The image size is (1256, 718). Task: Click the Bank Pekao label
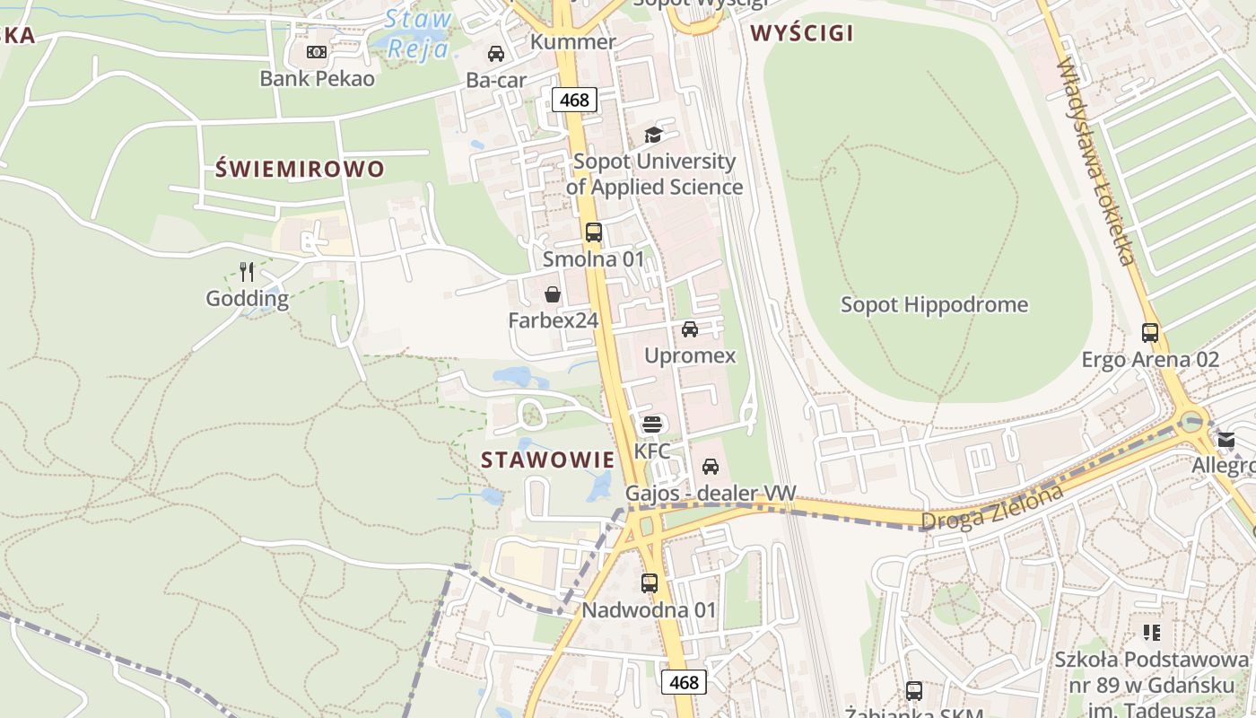click(x=317, y=79)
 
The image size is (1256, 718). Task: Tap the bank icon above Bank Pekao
click(x=317, y=52)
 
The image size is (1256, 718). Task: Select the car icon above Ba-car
click(x=496, y=54)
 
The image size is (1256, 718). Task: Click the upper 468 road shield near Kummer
click(x=574, y=100)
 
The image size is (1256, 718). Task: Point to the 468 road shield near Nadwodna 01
click(x=684, y=682)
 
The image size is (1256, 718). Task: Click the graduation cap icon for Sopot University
click(x=653, y=136)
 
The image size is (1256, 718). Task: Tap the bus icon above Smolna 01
click(x=594, y=232)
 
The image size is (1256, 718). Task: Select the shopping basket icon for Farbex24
click(x=553, y=294)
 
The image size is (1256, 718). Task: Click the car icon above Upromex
click(x=690, y=329)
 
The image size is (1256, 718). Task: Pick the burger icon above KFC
click(x=652, y=424)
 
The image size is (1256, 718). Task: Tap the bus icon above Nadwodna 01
click(x=650, y=583)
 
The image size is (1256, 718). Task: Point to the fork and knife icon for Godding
click(x=248, y=271)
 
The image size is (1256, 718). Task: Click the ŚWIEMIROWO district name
click(x=301, y=169)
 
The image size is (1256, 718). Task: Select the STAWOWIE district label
click(x=548, y=460)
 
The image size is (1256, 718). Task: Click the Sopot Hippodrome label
click(x=934, y=304)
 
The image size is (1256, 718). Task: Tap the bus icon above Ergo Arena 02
click(x=1150, y=333)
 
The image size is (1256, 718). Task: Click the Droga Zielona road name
click(x=992, y=508)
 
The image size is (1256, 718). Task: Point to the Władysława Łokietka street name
click(x=1096, y=162)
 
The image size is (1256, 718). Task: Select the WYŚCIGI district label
click(x=802, y=34)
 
